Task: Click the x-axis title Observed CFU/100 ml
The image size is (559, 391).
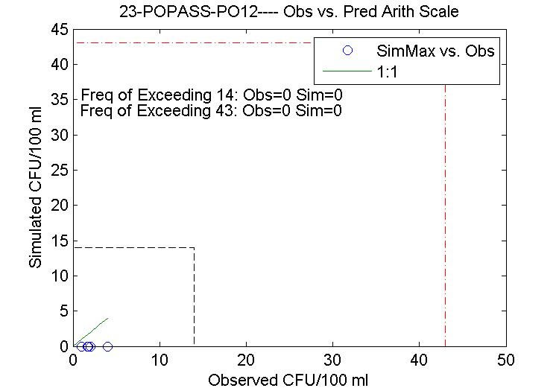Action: (x=289, y=380)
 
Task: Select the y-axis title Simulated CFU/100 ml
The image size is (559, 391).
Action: (x=35, y=188)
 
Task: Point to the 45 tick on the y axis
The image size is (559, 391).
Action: (x=60, y=30)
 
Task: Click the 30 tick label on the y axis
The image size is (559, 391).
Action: (x=60, y=136)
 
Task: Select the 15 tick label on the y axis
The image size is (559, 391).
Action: (x=60, y=241)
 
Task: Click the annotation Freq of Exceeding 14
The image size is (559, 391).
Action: (x=211, y=96)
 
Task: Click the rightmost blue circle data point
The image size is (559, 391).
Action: (x=107, y=346)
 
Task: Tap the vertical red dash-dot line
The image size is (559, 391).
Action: (x=446, y=223)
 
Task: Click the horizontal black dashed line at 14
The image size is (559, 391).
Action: (x=134, y=248)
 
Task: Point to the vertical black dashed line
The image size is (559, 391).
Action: (x=195, y=298)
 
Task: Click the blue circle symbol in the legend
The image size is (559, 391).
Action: (x=346, y=51)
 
